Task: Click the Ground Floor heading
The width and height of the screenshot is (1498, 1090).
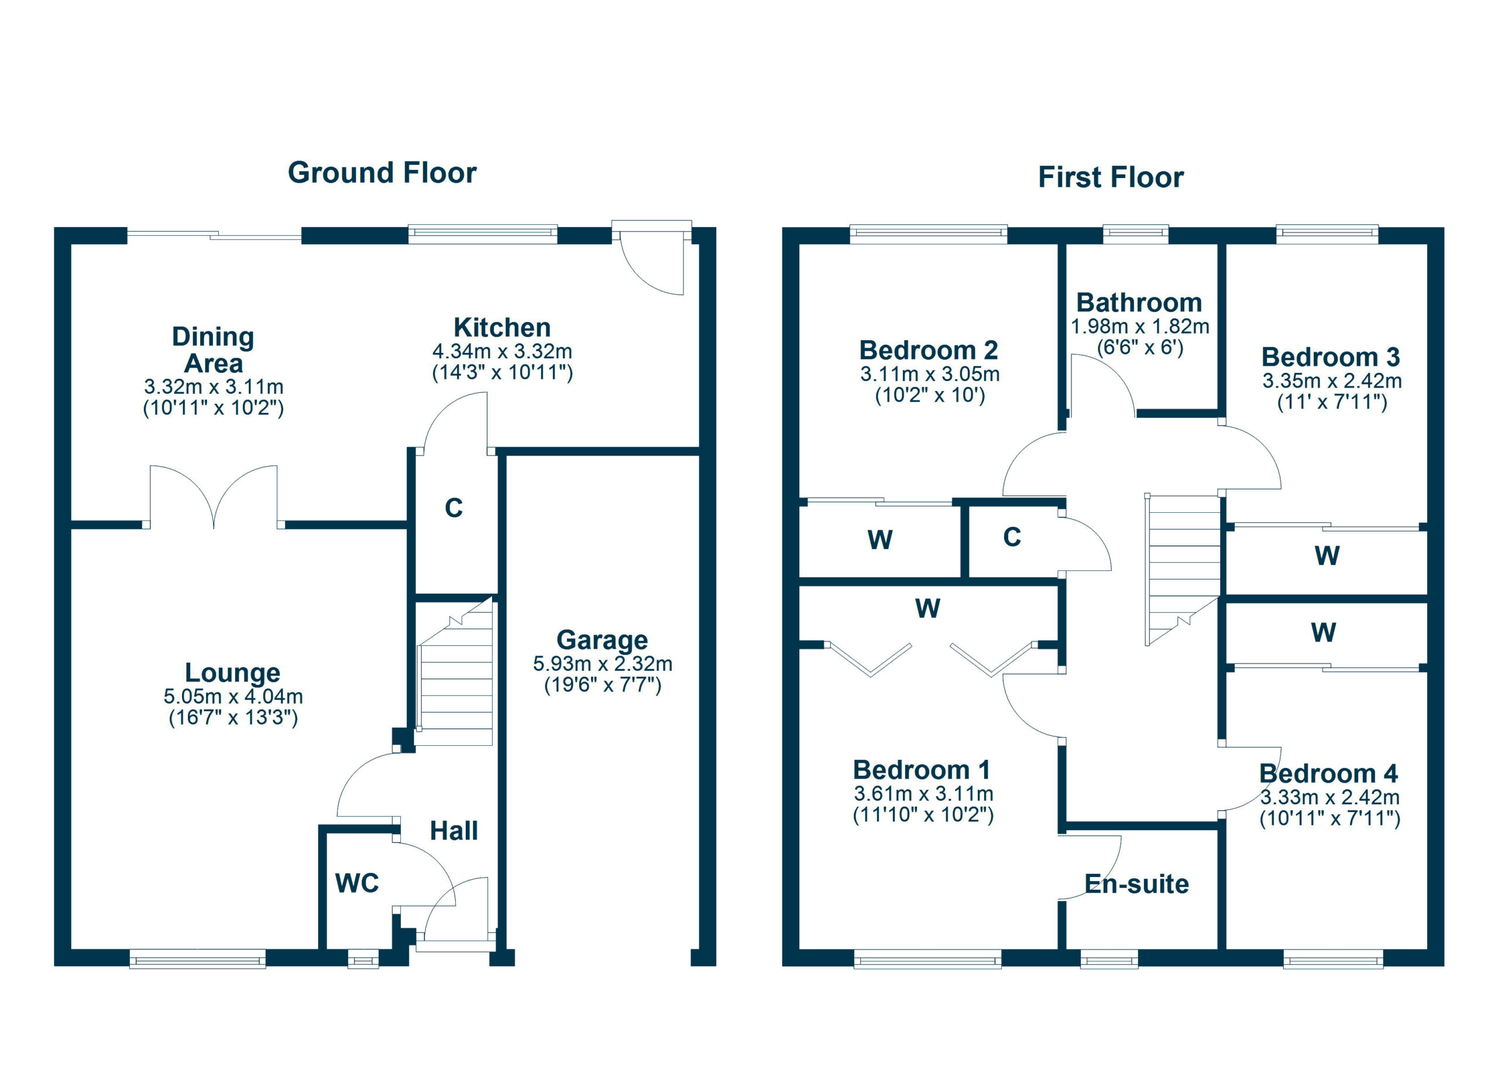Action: tap(382, 173)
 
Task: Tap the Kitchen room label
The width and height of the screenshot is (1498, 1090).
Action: tap(501, 328)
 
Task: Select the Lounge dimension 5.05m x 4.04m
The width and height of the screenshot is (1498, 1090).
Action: tap(233, 696)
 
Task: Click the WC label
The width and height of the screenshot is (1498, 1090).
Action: tap(357, 883)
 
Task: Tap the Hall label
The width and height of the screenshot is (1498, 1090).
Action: tap(453, 831)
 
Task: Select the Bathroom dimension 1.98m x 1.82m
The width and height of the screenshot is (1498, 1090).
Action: tap(1139, 326)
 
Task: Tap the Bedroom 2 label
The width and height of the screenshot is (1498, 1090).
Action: tap(928, 350)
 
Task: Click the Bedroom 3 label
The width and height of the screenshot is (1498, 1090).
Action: tap(1330, 358)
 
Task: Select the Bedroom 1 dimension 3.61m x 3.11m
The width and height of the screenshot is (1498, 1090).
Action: tap(923, 793)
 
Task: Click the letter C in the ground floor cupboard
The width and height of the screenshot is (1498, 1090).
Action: tap(453, 508)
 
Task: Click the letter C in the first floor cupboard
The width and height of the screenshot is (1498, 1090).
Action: tap(1012, 537)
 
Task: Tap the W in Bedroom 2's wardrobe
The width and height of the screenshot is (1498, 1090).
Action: tap(879, 540)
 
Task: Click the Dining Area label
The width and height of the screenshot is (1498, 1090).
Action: tap(212, 350)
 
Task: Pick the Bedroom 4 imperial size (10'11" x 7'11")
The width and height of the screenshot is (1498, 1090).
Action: tap(1329, 819)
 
